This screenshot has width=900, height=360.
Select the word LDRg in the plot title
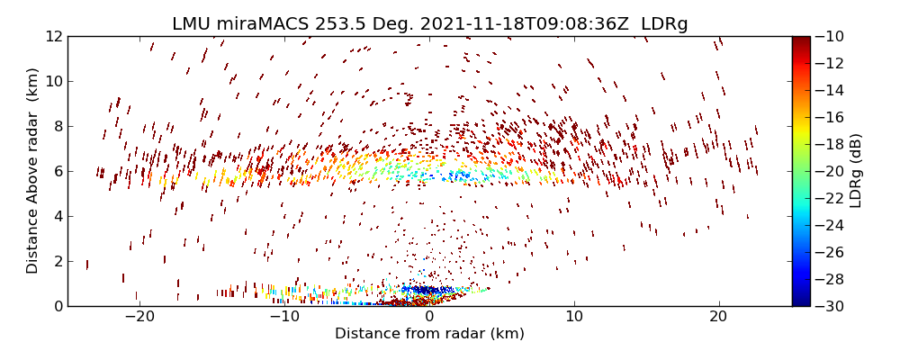pyautogui.click(x=663, y=24)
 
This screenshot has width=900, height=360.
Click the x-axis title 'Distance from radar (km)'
pyautogui.click(x=429, y=334)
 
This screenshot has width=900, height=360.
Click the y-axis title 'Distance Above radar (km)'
pyautogui.click(x=33, y=171)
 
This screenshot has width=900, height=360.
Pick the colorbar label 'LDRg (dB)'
pyautogui.click(x=856, y=171)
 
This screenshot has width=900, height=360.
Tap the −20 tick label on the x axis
pyautogui.click(x=139, y=317)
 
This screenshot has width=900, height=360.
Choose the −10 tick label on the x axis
pyautogui.click(x=283, y=317)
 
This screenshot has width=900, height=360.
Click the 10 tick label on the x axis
pyautogui.click(x=574, y=317)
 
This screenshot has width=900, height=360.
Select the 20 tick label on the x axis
pyautogui.click(x=718, y=317)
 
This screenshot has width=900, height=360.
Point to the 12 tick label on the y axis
pyautogui.click(x=53, y=36)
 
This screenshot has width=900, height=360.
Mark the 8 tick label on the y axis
pyautogui.click(x=57, y=126)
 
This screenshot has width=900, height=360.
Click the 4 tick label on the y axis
pyautogui.click(x=57, y=216)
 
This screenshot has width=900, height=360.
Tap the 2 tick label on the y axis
pyautogui.click(x=57, y=261)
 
